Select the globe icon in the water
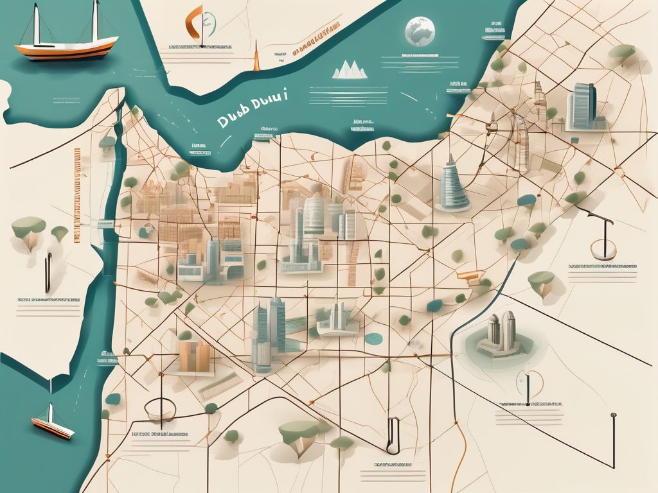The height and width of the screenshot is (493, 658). tap(420, 31)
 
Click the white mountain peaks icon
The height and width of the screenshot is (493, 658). tap(349, 70)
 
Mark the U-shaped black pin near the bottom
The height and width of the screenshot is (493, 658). tap(393, 436)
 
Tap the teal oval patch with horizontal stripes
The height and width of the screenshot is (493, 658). tap(373, 338)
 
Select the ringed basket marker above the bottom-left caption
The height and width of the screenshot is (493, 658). tap(160, 409)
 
